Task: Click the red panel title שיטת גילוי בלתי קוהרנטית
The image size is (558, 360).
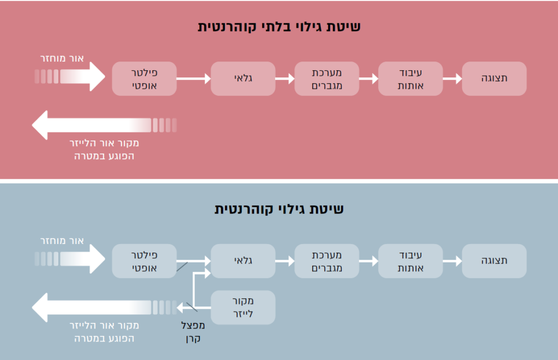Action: (x=279, y=27)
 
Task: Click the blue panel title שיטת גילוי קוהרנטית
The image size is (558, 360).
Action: (x=279, y=209)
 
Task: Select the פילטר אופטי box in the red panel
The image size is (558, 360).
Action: (x=144, y=78)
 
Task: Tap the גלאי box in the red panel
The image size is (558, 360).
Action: (x=243, y=78)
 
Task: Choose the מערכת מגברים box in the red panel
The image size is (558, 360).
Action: (x=327, y=78)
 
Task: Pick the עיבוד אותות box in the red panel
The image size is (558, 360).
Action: (x=410, y=78)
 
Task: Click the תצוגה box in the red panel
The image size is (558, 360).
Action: (x=494, y=78)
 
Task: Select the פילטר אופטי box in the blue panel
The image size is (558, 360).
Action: (x=144, y=261)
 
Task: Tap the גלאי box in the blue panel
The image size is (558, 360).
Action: (x=243, y=261)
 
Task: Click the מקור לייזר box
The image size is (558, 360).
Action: (x=243, y=308)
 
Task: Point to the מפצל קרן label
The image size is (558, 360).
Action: (x=194, y=332)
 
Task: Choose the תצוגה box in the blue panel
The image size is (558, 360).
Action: (x=494, y=261)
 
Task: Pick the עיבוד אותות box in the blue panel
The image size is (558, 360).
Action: (x=410, y=261)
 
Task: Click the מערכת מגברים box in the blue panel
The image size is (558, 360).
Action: (x=327, y=261)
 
